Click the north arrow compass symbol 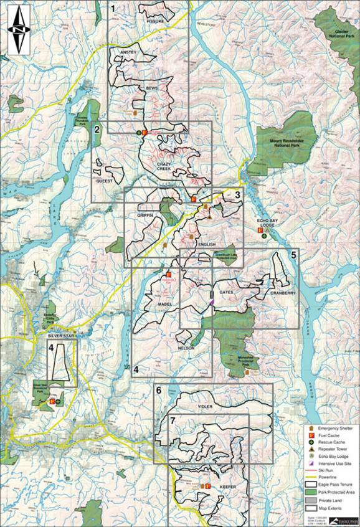pos(21,29)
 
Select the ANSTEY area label pos(127,52)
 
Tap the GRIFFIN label pos(144,214)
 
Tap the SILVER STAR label pos(60,335)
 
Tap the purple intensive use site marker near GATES pos(212,302)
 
